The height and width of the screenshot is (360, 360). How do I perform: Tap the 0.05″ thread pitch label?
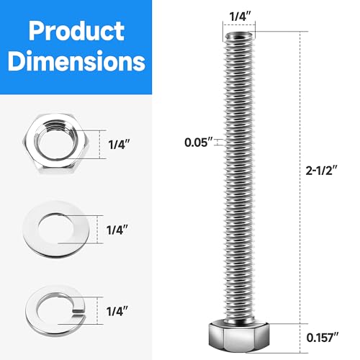[197, 142]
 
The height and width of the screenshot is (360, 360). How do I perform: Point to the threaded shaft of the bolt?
[238, 180]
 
